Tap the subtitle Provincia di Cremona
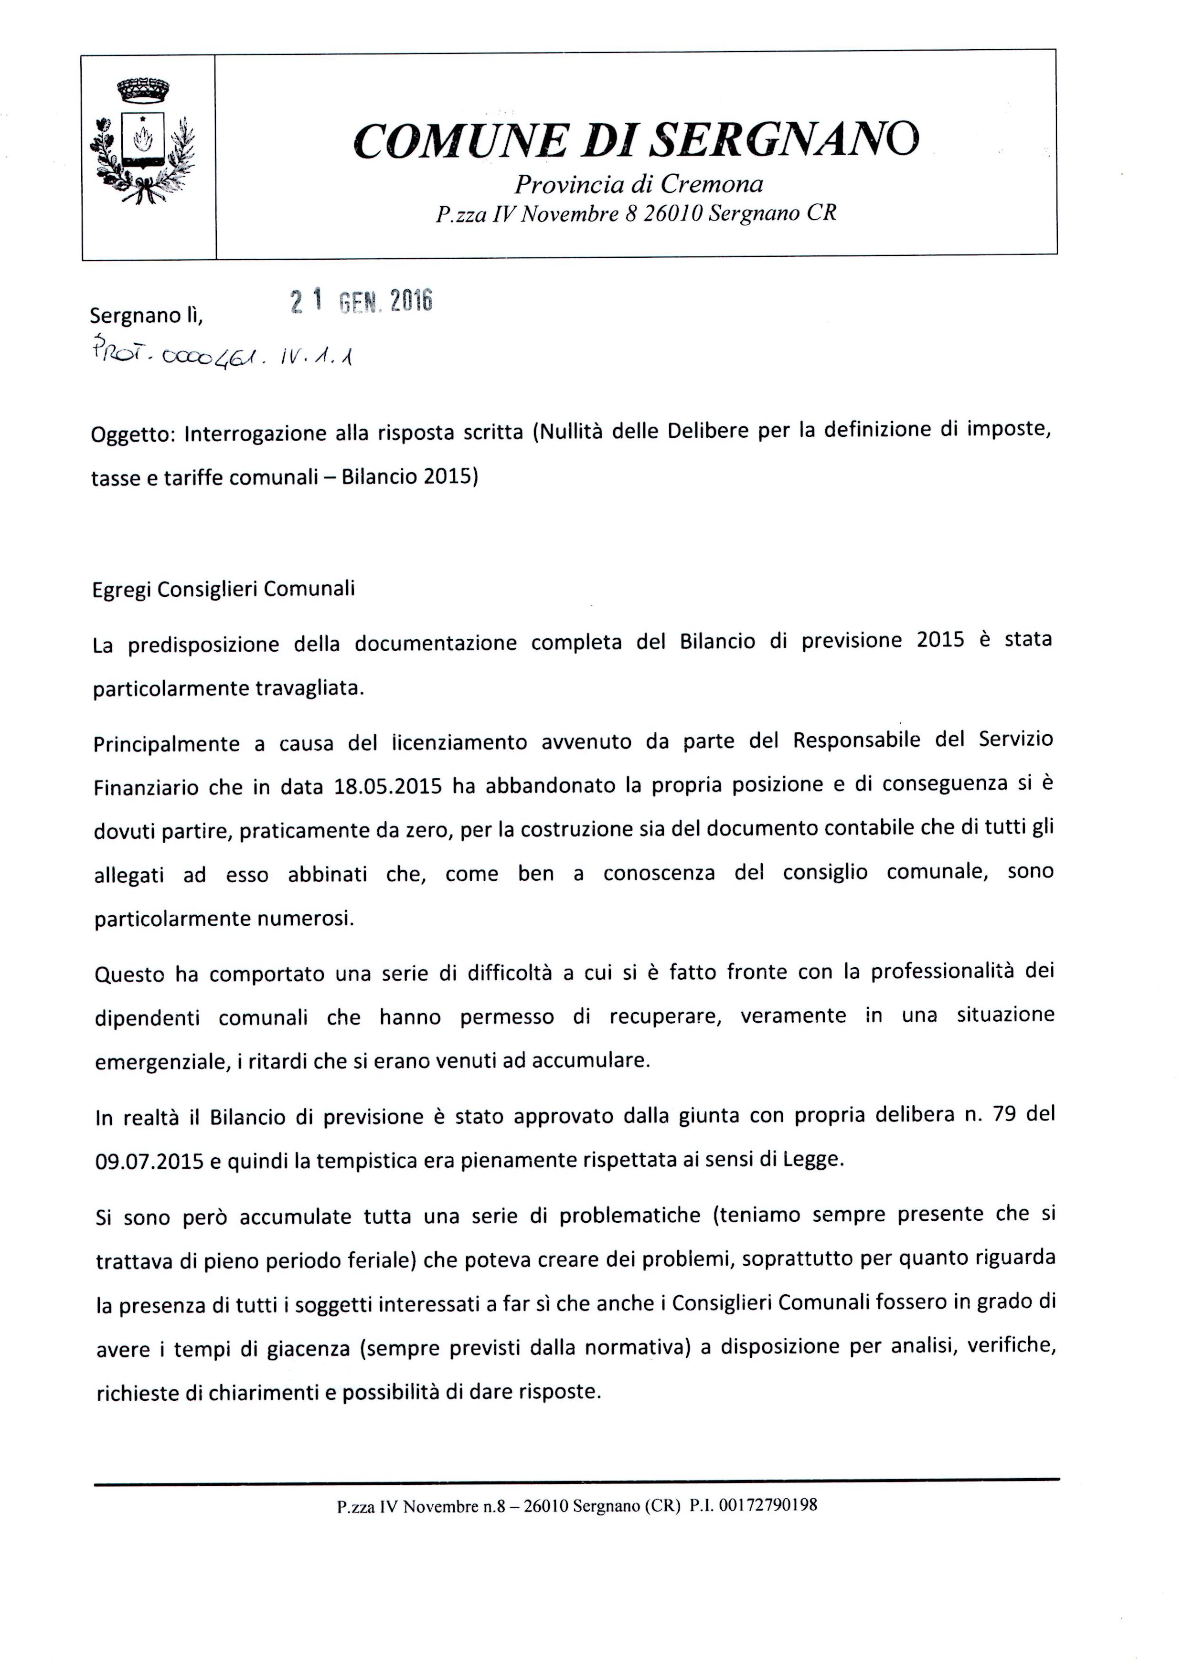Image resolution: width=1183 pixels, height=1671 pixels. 638,184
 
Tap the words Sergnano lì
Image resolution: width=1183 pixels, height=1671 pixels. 146,315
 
